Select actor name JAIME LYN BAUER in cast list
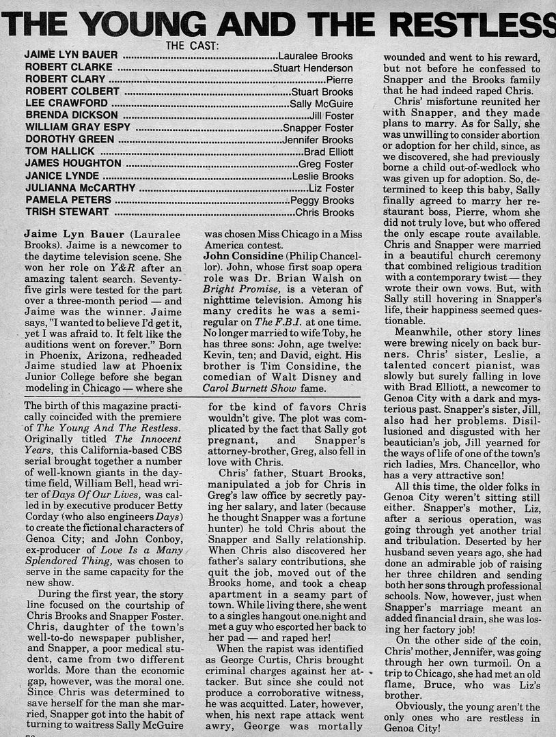click(x=71, y=55)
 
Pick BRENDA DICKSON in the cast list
click(x=67, y=115)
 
